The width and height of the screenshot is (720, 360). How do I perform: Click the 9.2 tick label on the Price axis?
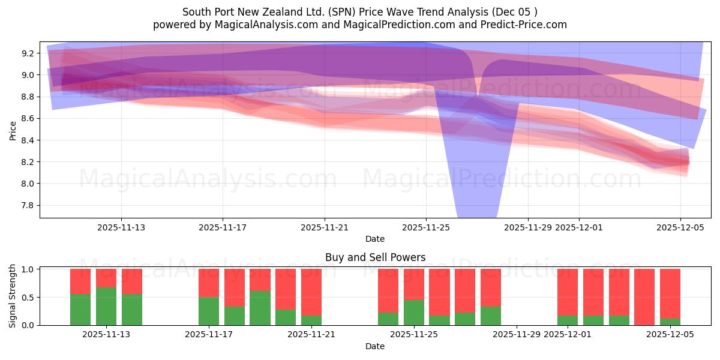(x=28, y=53)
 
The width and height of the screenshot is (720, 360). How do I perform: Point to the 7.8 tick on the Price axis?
(x=28, y=205)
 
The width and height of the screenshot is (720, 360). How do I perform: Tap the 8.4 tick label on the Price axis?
(x=28, y=140)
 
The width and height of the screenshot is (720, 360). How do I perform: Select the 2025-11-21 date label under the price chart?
(x=325, y=227)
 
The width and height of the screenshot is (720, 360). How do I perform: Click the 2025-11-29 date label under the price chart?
(x=528, y=227)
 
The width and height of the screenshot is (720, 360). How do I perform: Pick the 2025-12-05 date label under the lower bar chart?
(x=670, y=335)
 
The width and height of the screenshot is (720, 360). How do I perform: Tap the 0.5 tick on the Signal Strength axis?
(x=28, y=298)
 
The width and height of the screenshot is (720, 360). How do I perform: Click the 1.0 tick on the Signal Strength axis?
(x=28, y=269)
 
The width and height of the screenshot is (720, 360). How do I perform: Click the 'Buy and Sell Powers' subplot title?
(x=375, y=257)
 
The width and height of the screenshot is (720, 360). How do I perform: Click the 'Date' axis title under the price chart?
(x=375, y=239)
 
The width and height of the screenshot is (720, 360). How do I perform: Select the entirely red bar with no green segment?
(x=644, y=297)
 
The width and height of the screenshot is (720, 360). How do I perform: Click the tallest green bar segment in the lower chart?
(x=106, y=306)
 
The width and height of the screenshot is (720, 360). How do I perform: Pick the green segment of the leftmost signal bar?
(x=80, y=310)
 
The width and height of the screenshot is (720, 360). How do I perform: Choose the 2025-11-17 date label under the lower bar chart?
(x=209, y=335)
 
